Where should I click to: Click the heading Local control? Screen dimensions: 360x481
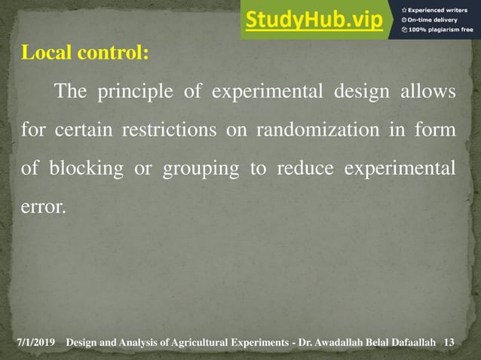pos(85,54)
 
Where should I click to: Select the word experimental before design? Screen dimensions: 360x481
pos(274,93)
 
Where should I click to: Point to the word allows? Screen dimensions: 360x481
pos(428,93)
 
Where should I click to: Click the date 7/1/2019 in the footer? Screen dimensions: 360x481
pos(37,343)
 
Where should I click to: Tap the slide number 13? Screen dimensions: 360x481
pos(450,343)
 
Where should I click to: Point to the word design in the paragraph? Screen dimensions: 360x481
pos(362,93)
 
